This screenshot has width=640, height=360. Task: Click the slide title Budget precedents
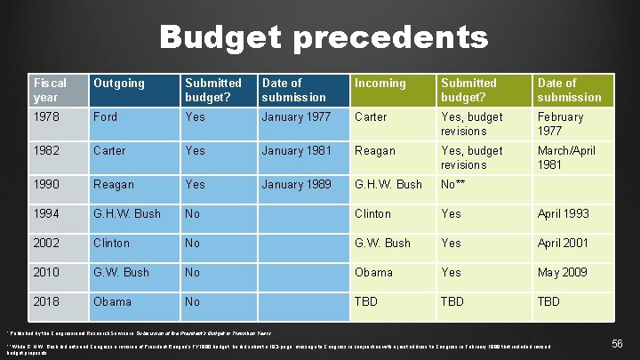(324, 37)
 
